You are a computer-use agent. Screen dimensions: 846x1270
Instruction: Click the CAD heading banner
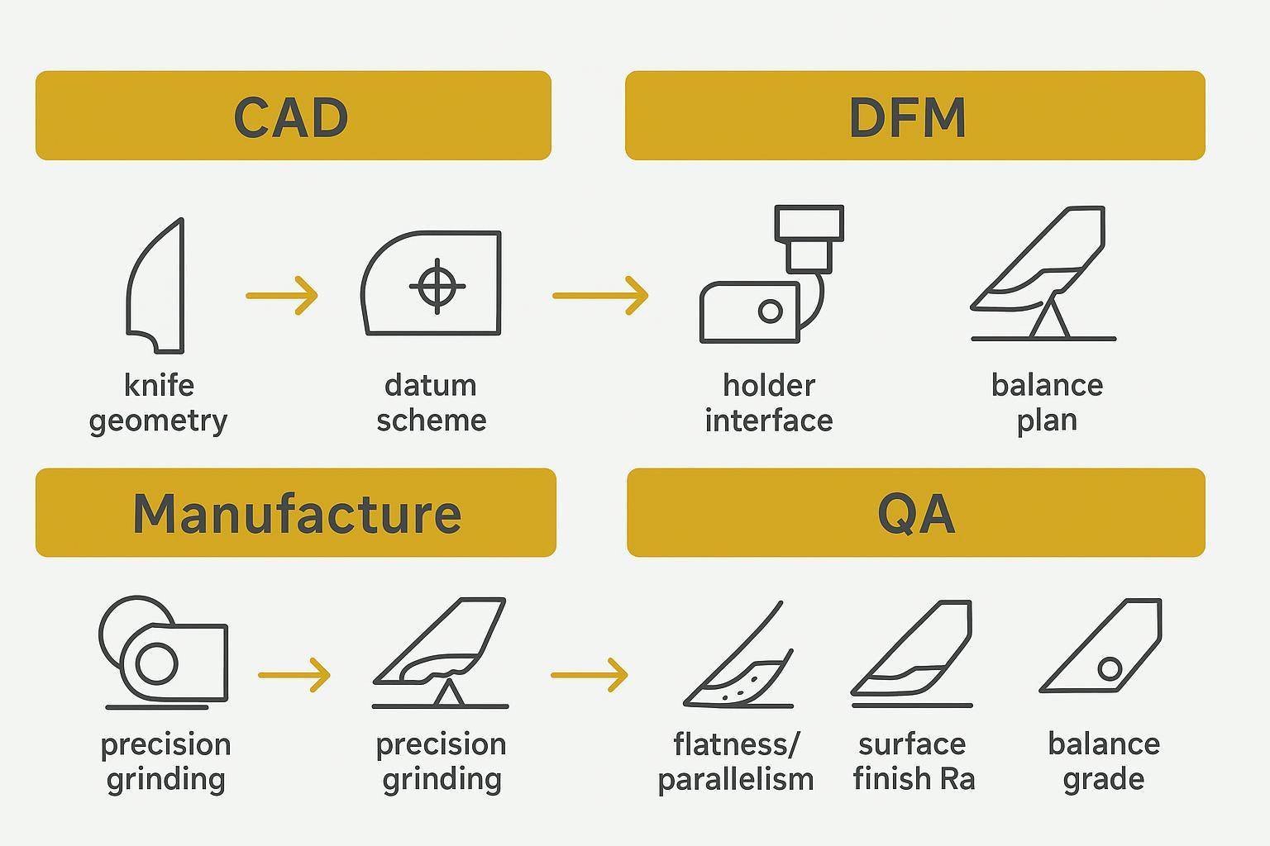pos(293,116)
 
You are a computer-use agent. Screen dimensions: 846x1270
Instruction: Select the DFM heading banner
pos(914,116)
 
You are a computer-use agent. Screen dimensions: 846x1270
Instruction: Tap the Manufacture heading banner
pos(295,513)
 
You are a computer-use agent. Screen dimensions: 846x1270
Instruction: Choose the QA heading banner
pos(915,513)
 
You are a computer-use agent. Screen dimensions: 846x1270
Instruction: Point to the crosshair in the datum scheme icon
pos(437,286)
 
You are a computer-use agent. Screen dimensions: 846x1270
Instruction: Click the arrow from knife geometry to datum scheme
pos(282,295)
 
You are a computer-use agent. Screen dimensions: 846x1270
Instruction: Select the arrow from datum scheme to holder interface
pos(600,295)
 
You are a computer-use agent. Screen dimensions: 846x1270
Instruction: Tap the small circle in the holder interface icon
pos(770,311)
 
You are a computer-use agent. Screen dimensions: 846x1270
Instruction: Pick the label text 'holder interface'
pos(768,402)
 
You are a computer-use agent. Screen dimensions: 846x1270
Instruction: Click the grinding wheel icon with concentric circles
pos(156,663)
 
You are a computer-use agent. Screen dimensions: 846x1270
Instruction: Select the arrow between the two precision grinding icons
pos(294,675)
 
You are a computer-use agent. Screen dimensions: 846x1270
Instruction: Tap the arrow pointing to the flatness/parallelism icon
pos(589,675)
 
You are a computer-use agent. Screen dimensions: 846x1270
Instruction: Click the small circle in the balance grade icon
pos(1110,668)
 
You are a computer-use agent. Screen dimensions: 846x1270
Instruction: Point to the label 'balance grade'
pos(1104,761)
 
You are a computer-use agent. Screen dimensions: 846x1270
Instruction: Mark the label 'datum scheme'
pos(431,402)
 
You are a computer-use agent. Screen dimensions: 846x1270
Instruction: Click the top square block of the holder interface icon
pos(809,223)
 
